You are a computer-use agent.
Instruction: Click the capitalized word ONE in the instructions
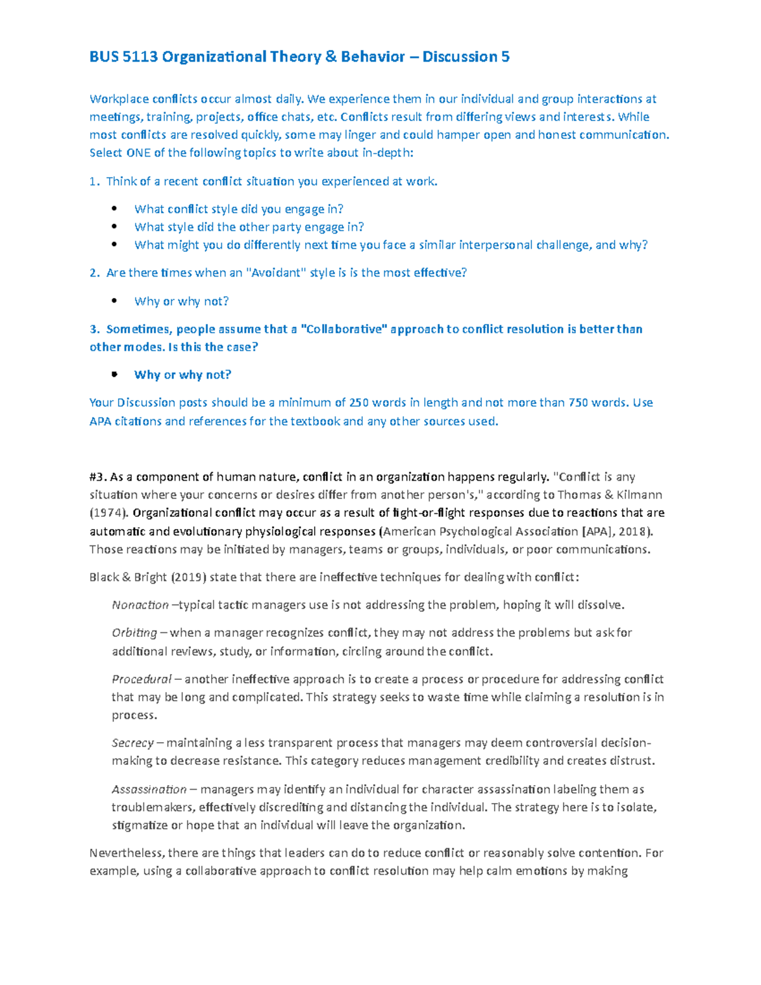coord(138,153)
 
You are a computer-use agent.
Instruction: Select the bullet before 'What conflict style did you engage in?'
coord(114,209)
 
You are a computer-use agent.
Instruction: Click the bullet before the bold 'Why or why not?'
coord(114,375)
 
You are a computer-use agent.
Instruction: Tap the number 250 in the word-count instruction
coord(359,403)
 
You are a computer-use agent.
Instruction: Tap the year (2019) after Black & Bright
coord(188,577)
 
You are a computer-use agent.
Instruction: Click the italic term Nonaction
coord(140,605)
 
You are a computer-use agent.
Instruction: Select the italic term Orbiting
coord(134,633)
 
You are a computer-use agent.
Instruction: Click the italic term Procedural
coord(141,679)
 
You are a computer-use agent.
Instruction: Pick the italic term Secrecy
coord(133,743)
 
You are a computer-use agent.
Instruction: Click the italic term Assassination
coord(149,790)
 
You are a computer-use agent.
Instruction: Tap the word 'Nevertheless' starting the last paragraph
coord(126,853)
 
